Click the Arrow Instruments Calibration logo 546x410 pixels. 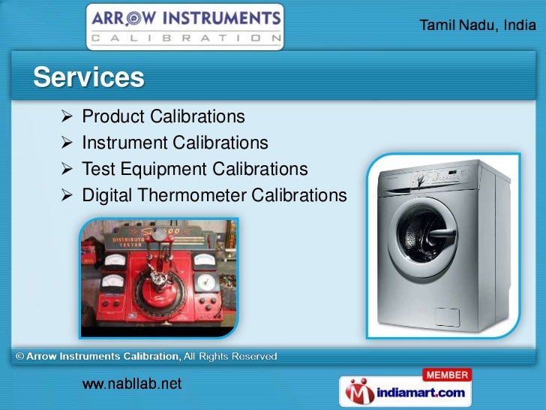point(185,26)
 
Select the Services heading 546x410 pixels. point(88,77)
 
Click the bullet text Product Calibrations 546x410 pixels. point(163,117)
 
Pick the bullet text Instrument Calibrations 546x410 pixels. point(174,143)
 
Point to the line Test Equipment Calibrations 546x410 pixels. point(194,169)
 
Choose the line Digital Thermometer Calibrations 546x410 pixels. point(214,195)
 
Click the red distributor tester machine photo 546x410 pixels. point(159,278)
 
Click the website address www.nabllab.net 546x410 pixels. point(132,384)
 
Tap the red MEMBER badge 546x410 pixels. point(447,375)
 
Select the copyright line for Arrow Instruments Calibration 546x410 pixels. point(146,356)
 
